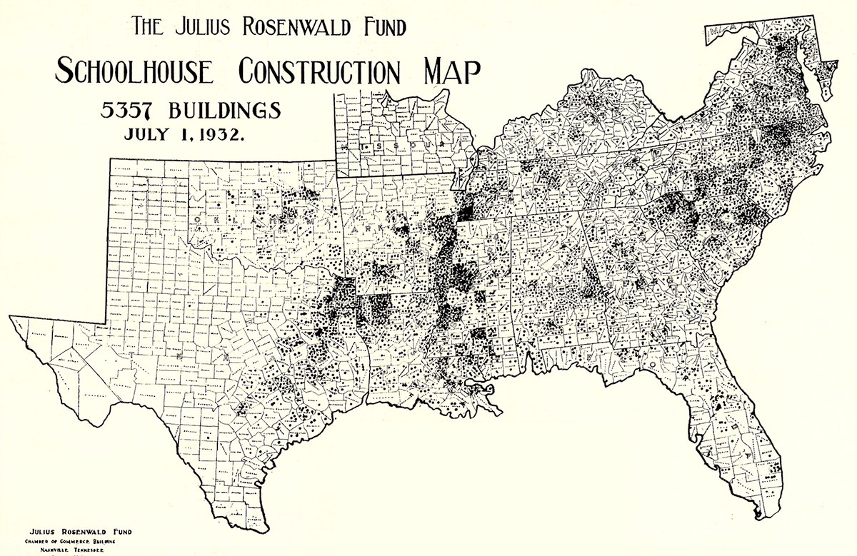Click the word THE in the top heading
click(x=146, y=28)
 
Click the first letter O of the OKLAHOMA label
click(x=197, y=217)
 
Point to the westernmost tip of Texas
click(x=12, y=316)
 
